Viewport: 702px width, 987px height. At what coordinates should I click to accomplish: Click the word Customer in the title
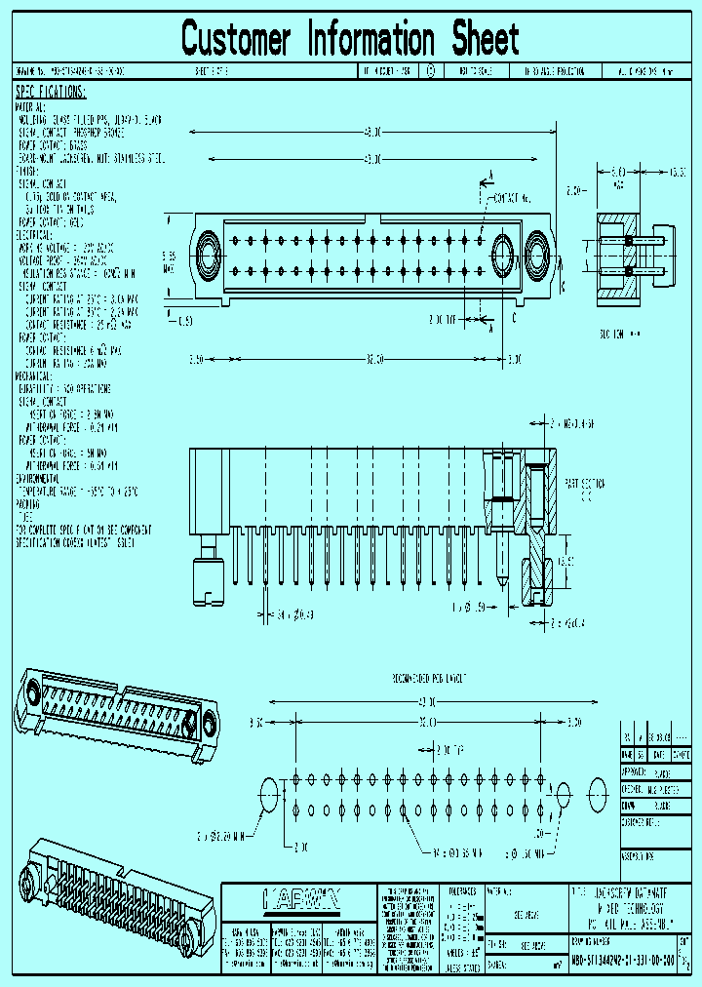click(236, 40)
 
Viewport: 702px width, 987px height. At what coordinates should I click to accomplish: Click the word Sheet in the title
click(485, 40)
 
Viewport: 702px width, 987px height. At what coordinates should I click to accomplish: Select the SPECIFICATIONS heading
click(51, 92)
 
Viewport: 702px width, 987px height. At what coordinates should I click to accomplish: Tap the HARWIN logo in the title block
click(300, 898)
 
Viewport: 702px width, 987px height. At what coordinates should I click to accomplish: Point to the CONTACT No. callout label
click(515, 198)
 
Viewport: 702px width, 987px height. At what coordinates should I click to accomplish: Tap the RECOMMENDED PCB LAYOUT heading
click(429, 677)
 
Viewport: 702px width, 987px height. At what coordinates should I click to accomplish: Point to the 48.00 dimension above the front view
click(371, 131)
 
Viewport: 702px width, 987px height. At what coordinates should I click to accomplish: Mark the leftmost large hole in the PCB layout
click(269, 796)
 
